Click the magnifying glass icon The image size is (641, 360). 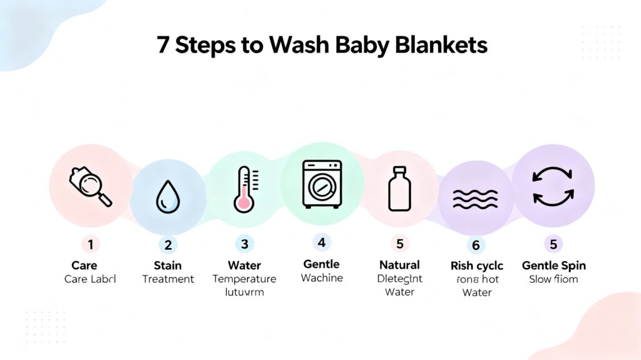pos(90,186)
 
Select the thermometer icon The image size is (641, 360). pos(244,189)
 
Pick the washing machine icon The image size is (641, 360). pos(321,183)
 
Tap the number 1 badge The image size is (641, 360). pos(90,244)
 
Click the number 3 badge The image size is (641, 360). pos(244,244)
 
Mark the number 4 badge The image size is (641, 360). pos(322,242)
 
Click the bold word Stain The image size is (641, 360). pos(168,265)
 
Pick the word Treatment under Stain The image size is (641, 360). pos(168,279)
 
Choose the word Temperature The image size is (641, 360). pos(244,279)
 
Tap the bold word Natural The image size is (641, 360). pos(399,265)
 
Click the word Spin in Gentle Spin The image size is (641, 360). pos(572,265)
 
